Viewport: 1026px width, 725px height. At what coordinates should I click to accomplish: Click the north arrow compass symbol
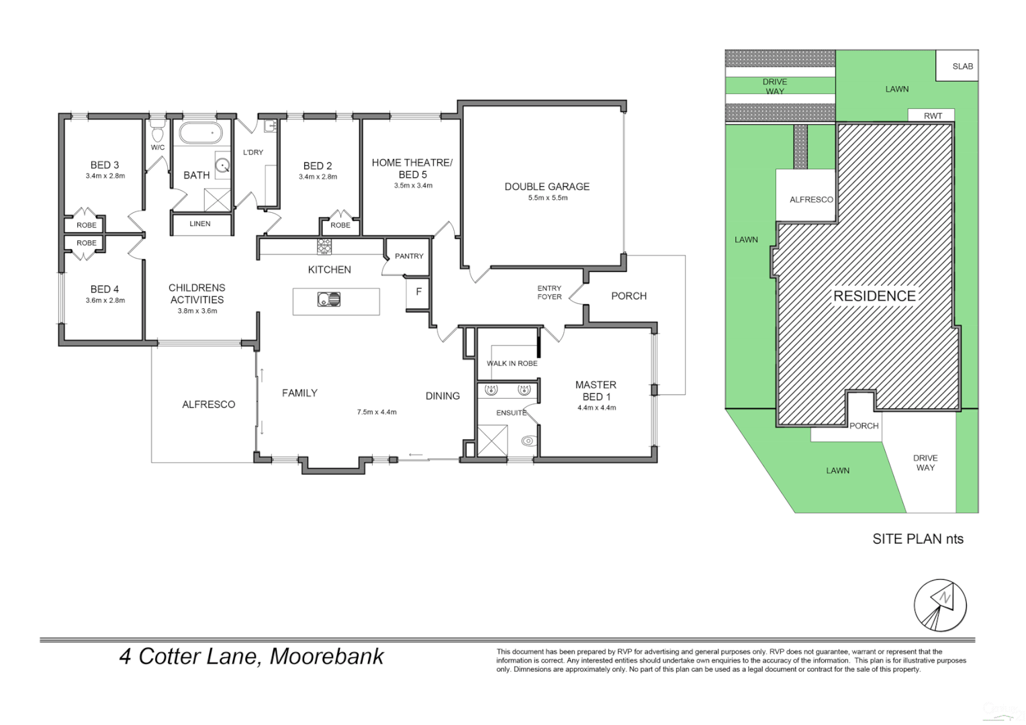click(940, 604)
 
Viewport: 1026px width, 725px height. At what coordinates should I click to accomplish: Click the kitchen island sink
click(329, 299)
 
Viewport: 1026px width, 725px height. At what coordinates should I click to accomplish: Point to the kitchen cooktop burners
click(324, 246)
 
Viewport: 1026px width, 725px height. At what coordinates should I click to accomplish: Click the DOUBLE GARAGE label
click(547, 187)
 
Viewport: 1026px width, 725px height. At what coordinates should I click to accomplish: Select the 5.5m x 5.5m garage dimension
click(547, 198)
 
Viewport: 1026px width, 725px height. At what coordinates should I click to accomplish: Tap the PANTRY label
click(409, 256)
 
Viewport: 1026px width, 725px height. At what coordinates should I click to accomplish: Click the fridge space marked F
click(419, 292)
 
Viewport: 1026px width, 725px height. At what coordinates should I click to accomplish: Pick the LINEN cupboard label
click(200, 224)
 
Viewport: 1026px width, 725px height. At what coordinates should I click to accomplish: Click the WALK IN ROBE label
click(512, 363)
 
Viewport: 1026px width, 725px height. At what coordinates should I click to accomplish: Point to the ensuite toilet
click(527, 441)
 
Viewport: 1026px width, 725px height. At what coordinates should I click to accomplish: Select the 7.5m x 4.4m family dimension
click(377, 412)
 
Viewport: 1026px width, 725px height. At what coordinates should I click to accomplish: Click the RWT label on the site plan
click(933, 115)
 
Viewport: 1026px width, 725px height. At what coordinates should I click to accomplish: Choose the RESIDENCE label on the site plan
click(874, 296)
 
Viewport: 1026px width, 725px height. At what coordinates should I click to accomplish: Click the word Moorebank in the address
click(326, 656)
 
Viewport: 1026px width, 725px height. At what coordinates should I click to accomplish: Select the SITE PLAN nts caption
click(917, 538)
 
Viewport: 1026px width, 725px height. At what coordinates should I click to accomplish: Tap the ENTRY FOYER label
click(549, 292)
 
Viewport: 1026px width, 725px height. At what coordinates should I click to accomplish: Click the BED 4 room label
click(105, 289)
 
